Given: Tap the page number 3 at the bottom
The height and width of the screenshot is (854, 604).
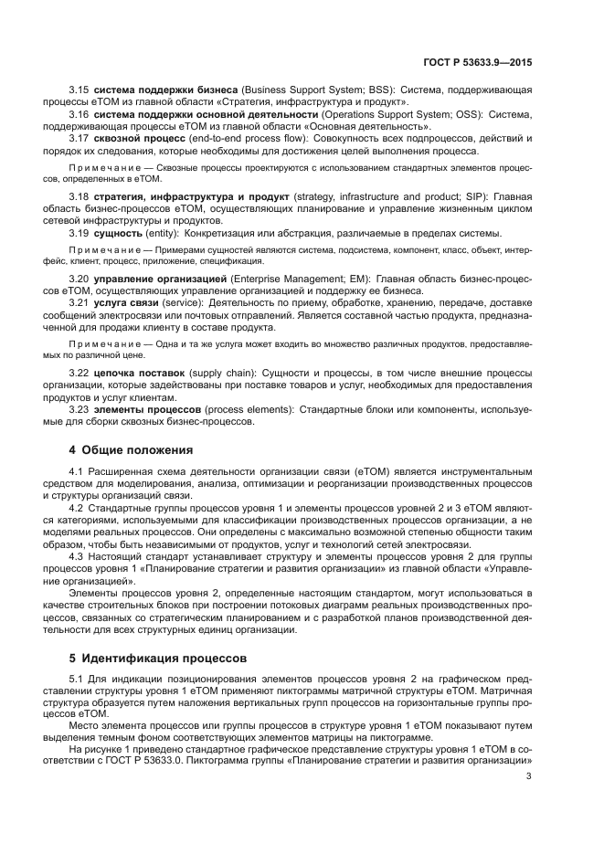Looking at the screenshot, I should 528,776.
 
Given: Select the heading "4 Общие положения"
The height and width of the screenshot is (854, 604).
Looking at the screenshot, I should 132,449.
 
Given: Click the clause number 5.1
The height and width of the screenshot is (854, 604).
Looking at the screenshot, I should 77,675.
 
